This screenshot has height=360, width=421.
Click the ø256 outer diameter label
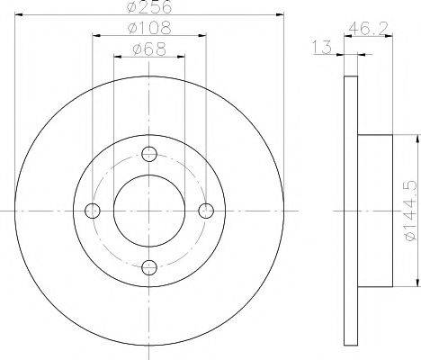pos(149,9)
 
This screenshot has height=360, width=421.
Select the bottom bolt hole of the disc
pos(149,266)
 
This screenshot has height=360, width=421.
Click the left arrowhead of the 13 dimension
pos(341,57)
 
